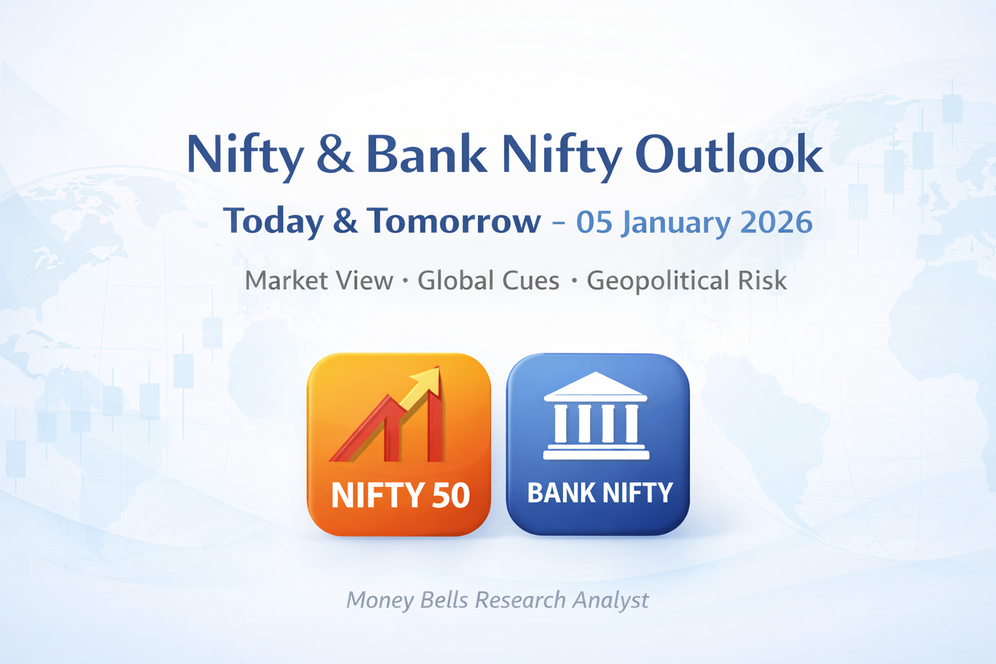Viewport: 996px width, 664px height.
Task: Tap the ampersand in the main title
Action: click(335, 154)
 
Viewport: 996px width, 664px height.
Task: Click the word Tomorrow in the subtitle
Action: click(453, 221)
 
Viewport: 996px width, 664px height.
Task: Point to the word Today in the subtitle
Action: click(273, 222)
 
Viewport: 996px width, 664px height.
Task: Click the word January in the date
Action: click(676, 224)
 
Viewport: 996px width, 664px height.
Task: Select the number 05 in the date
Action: click(594, 222)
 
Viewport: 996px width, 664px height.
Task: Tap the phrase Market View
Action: click(319, 281)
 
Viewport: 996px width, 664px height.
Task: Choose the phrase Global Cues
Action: click(488, 281)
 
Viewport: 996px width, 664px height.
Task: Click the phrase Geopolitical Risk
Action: click(686, 281)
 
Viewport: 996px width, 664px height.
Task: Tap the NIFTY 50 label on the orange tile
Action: click(400, 495)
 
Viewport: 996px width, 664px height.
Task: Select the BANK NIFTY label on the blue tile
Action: click(600, 493)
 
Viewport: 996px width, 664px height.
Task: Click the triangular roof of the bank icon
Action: click(595, 385)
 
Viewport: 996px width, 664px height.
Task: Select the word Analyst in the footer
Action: click(610, 600)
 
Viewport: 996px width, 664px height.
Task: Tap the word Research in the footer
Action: click(521, 600)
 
